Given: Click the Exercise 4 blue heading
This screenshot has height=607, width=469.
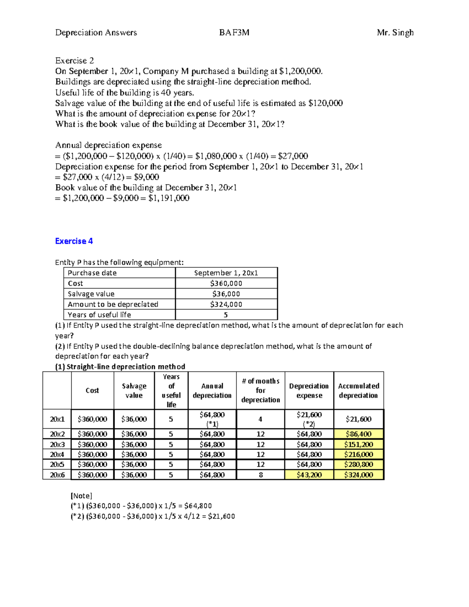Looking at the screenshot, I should [x=74, y=241].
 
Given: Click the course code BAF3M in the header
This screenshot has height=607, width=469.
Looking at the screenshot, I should [x=234, y=32].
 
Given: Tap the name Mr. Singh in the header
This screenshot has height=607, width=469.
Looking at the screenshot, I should [x=395, y=32].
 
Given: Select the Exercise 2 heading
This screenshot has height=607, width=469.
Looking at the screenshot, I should [x=74, y=61].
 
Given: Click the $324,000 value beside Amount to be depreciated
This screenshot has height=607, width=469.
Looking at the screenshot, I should [x=226, y=304].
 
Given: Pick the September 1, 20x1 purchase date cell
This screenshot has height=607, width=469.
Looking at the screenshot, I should [x=226, y=273].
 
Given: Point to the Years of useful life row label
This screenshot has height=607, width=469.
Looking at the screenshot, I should [x=99, y=315].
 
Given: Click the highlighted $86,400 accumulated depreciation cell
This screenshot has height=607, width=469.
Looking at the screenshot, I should [x=358, y=434].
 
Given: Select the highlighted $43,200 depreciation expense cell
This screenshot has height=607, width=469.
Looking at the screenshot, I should [x=309, y=474].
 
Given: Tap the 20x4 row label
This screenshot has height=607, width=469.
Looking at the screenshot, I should [x=57, y=454].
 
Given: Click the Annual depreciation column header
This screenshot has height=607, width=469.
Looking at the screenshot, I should [x=212, y=390].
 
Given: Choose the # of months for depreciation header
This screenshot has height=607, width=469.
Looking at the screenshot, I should [x=260, y=390].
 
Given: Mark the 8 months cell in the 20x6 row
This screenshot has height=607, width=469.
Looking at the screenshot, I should [x=260, y=474].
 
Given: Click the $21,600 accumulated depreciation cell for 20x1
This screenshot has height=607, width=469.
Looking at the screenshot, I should [x=358, y=419].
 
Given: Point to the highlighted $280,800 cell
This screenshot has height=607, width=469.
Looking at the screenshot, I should [x=358, y=464].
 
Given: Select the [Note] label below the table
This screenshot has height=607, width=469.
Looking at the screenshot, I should [x=81, y=496].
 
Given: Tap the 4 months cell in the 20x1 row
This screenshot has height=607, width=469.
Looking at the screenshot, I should [x=260, y=419].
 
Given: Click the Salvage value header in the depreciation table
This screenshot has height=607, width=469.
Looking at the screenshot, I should [x=134, y=390].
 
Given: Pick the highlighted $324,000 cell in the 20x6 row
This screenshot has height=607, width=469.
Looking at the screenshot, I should [x=358, y=474].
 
